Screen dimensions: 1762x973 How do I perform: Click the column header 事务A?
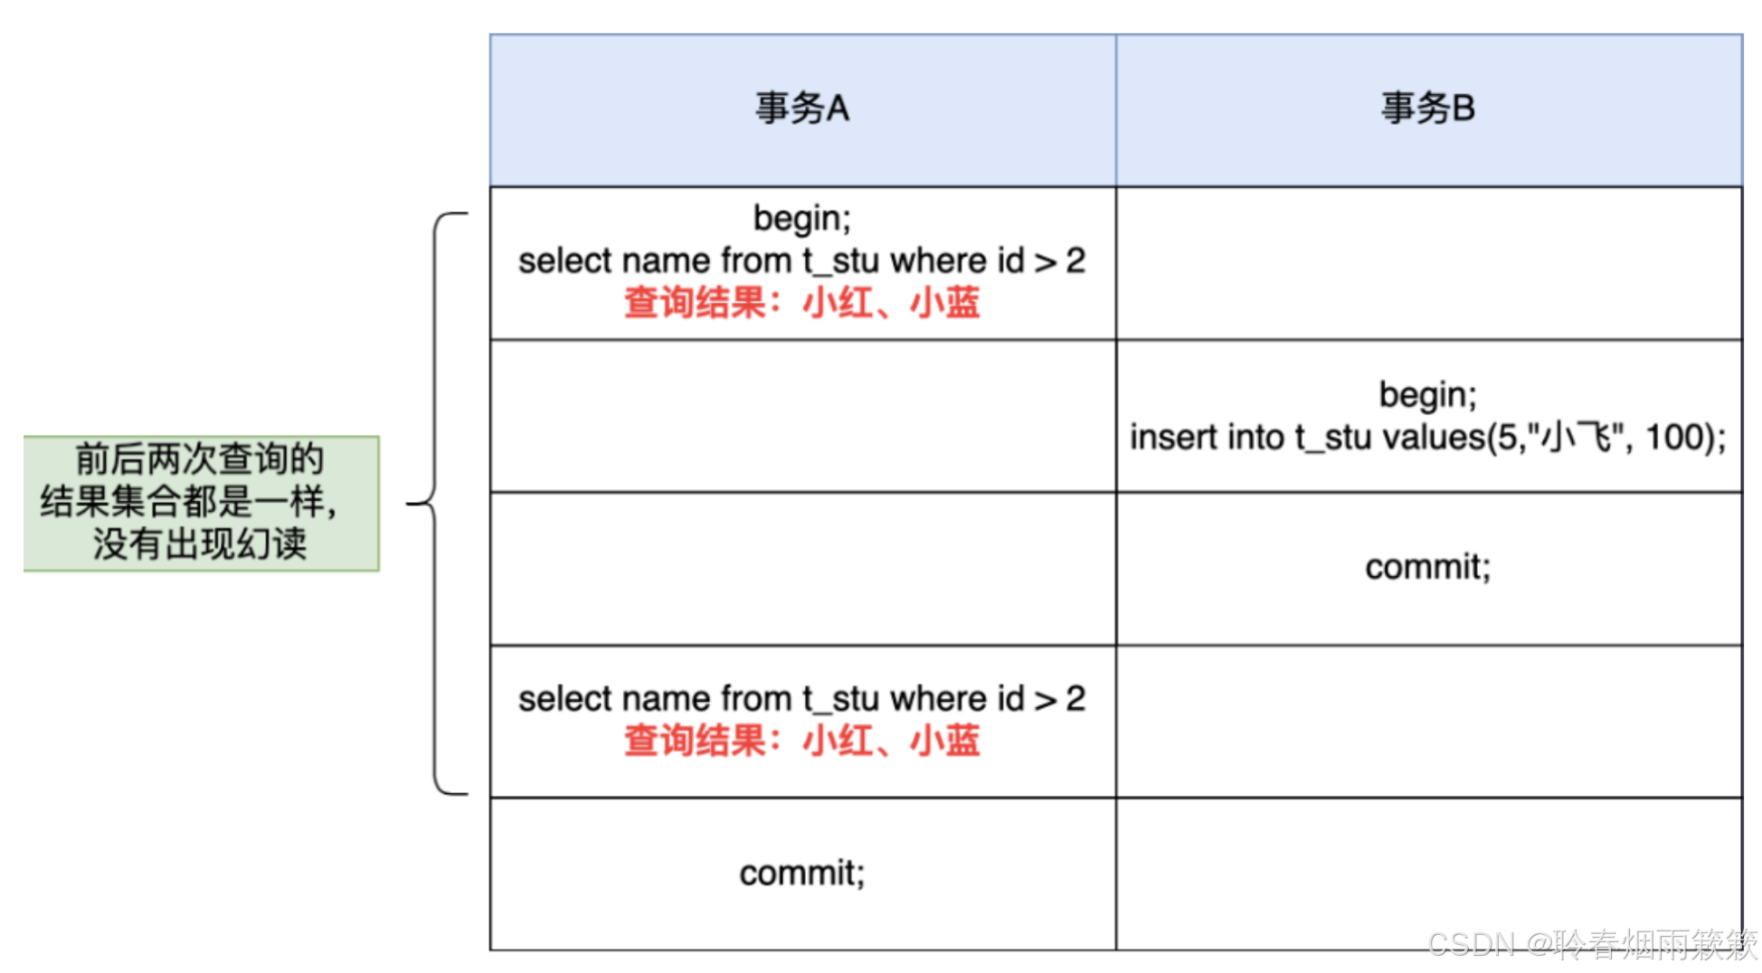pyautogui.click(x=802, y=109)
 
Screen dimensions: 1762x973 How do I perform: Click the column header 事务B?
pyautogui.click(x=1427, y=109)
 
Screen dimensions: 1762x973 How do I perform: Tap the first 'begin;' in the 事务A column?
pyautogui.click(x=802, y=218)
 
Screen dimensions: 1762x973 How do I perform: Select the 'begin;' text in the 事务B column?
pyautogui.click(x=1427, y=395)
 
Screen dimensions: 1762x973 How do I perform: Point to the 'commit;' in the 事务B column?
pyautogui.click(x=1427, y=567)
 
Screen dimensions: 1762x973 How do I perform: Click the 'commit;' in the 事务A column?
pyautogui.click(x=802, y=873)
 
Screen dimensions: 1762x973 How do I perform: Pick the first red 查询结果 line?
pyautogui.click(x=802, y=303)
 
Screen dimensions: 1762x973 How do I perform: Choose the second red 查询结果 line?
pyautogui.click(x=802, y=741)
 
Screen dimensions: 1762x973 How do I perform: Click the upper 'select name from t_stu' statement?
pyautogui.click(x=802, y=261)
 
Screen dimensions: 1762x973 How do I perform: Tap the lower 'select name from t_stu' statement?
pyautogui.click(x=802, y=699)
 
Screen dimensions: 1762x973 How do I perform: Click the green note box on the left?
pyautogui.click(x=201, y=503)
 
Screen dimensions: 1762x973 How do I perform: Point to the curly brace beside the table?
pyautogui.click(x=436, y=503)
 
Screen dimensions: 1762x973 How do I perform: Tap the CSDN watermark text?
pyautogui.click(x=1592, y=944)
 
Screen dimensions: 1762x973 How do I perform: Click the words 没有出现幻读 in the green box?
pyautogui.click(x=200, y=544)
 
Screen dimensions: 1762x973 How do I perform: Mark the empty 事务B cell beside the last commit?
pyautogui.click(x=1427, y=873)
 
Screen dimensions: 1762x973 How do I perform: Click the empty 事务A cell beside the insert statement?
pyautogui.click(x=802, y=416)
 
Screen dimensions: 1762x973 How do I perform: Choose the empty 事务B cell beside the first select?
pyautogui.click(x=1427, y=263)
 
